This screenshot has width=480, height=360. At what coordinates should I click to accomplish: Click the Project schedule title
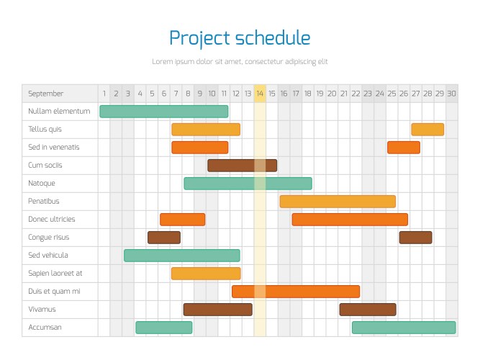click(240, 38)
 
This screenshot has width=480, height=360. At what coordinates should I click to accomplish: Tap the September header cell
click(46, 94)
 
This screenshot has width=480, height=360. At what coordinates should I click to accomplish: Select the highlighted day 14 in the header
click(260, 94)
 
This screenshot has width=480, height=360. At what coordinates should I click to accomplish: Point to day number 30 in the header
click(451, 94)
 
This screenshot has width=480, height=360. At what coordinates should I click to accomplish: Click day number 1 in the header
click(104, 94)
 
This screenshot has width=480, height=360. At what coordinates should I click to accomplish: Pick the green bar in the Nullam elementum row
click(164, 112)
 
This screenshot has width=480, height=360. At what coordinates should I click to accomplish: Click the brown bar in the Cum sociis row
click(242, 166)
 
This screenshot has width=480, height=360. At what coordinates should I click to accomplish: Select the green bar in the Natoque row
click(248, 184)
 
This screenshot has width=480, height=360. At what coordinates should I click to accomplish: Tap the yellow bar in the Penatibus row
click(338, 202)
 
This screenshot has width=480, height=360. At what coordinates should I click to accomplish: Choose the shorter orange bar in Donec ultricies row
click(182, 220)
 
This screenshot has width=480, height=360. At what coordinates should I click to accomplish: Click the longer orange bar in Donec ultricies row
click(350, 220)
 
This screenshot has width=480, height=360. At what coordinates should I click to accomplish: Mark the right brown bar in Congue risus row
click(415, 238)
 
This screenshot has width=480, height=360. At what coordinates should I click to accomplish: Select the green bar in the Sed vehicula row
click(181, 256)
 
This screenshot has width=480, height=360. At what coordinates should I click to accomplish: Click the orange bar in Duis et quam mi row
click(296, 292)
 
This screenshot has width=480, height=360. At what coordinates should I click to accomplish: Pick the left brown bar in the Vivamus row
click(217, 310)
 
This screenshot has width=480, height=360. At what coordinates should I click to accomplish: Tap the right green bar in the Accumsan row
click(404, 328)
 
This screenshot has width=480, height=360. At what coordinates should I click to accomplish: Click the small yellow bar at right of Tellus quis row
click(427, 130)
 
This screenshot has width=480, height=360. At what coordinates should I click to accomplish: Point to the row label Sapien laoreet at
click(55, 274)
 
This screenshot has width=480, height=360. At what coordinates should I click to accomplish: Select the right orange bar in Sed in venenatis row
click(404, 148)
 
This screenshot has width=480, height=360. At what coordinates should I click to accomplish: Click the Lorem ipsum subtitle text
click(240, 62)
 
